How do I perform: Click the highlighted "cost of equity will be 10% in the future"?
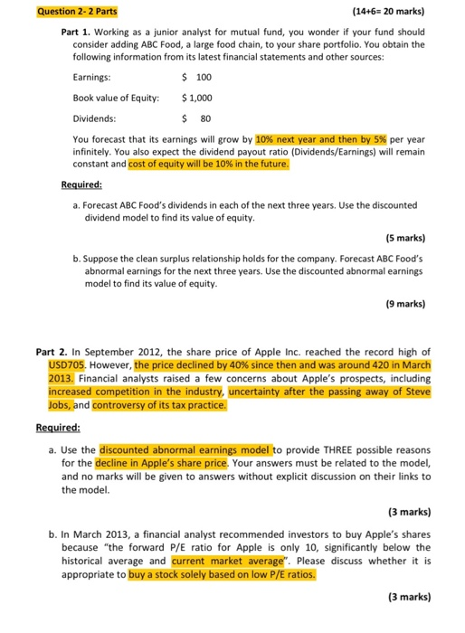(x=232, y=164)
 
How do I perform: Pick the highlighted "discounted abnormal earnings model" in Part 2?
(x=186, y=448)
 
